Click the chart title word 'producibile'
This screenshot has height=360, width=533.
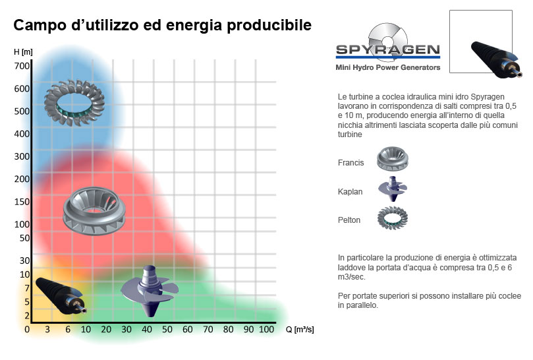269,26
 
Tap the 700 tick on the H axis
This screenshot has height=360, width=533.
22,66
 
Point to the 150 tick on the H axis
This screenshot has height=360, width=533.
22,202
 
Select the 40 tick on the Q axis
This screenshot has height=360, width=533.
147,330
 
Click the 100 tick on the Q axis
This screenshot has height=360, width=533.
266,330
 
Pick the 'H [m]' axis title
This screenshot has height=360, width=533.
23,51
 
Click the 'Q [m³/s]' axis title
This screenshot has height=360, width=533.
300,330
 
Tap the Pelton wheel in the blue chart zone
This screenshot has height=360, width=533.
74,103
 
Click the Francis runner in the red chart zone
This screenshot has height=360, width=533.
94,211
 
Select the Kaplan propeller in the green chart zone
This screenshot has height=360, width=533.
150,290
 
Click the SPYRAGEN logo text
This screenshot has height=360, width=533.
388,50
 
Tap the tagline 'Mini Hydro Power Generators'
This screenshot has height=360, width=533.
388,67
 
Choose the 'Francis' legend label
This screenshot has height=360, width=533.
351,163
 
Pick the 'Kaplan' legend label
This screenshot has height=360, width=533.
350,192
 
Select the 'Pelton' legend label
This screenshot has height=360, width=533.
349,220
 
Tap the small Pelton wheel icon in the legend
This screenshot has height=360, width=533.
392,218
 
